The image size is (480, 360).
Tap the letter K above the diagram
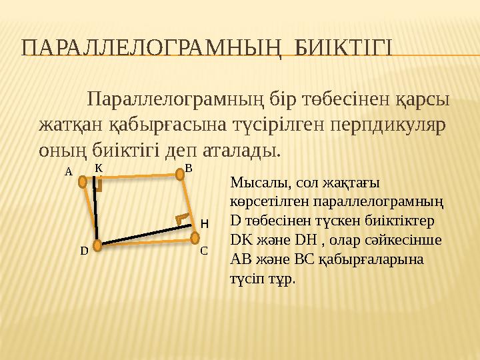(98, 168)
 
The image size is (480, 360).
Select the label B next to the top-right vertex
(189, 168)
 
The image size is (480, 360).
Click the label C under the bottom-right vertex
(204, 251)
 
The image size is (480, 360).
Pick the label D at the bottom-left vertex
(84, 251)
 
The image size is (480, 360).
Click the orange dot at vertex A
(83, 181)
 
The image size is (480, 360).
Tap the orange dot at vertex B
(179, 175)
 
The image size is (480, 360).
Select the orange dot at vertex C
(194, 238)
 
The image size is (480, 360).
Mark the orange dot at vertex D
(97, 245)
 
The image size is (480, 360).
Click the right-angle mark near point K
(99, 187)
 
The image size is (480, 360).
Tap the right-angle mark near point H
(180, 218)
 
